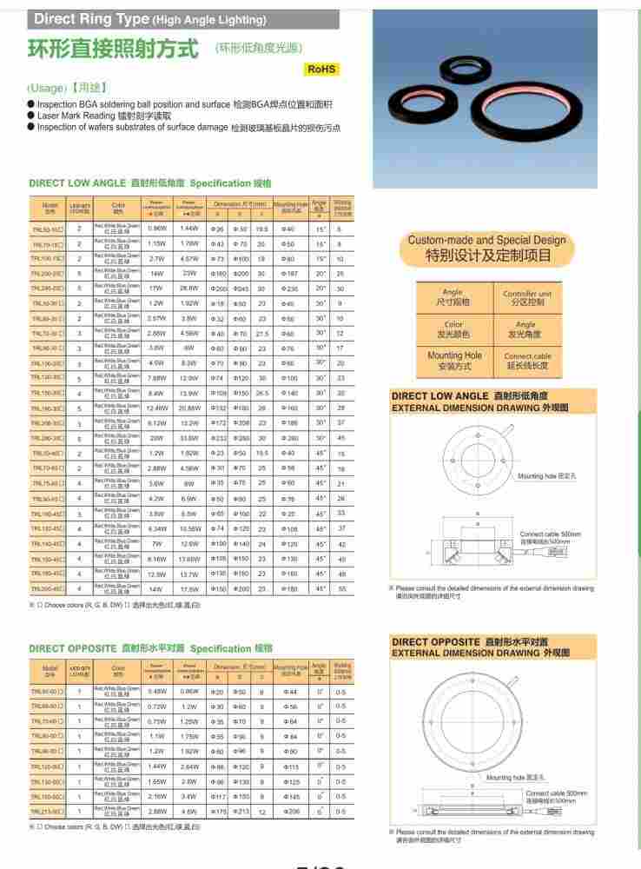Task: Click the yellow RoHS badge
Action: [321, 69]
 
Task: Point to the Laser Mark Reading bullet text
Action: [110, 116]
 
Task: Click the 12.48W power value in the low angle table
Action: [157, 408]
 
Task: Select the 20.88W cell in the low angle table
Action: [188, 408]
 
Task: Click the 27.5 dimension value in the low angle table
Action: [261, 333]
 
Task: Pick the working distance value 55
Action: [340, 589]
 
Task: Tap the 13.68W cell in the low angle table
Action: [188, 559]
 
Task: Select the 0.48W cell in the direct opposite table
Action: [157, 691]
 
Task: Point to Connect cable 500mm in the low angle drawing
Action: [545, 534]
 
